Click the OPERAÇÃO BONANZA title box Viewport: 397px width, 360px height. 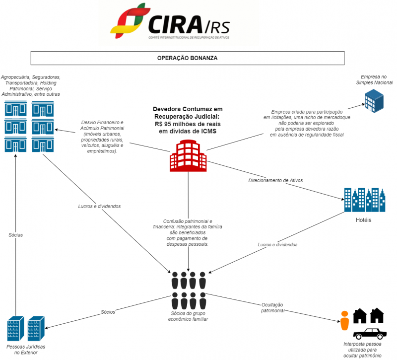click(187, 58)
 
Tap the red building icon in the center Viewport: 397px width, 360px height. click(188, 155)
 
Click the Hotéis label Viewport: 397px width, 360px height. click(364, 220)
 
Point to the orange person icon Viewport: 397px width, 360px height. click(345, 321)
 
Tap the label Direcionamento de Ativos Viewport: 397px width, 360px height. click(275, 180)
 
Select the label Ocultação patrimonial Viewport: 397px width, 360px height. click(272, 307)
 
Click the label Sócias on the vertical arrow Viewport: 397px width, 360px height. click(15, 234)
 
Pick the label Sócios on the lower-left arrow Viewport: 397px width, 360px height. click(108, 312)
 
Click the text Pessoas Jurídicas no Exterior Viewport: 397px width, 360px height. click(26, 349)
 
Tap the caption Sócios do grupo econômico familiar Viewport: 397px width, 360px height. click(188, 316)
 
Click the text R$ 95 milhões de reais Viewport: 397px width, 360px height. click(188, 124)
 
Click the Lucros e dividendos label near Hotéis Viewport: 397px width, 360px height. click(278, 244)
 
